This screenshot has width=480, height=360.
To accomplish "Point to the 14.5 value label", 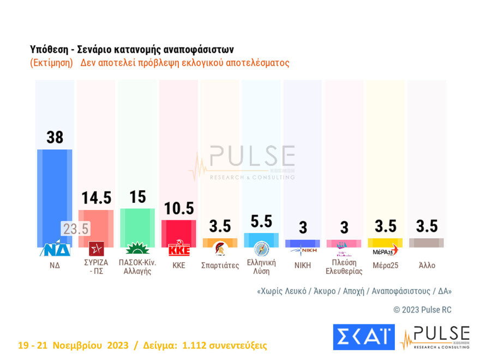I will pyautogui.click(x=97, y=197).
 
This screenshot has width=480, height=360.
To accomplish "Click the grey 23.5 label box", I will pyautogui.click(x=75, y=229).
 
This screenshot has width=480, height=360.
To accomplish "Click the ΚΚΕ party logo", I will pyautogui.click(x=179, y=249).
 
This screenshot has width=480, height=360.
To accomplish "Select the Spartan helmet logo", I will pyautogui.click(x=220, y=249).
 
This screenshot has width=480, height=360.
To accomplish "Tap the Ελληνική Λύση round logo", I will pyautogui.click(x=261, y=249).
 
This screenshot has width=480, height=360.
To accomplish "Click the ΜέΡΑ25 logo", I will pyautogui.click(x=385, y=250).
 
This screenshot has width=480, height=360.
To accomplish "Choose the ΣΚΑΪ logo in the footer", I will pyautogui.click(x=363, y=337).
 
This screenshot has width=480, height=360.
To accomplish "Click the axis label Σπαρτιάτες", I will pyautogui.click(x=220, y=266).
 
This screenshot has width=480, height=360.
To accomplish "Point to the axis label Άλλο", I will pyautogui.click(x=426, y=266).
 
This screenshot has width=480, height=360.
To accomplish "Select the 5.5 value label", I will pyautogui.click(x=261, y=221).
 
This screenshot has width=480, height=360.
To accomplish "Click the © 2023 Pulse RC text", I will pyautogui.click(x=422, y=310).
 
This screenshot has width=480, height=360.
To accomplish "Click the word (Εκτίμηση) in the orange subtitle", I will pyautogui.click(x=52, y=63).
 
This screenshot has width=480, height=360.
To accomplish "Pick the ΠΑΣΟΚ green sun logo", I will pyautogui.click(x=137, y=249).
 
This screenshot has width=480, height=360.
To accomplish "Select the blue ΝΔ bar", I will pyautogui.click(x=55, y=191).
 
